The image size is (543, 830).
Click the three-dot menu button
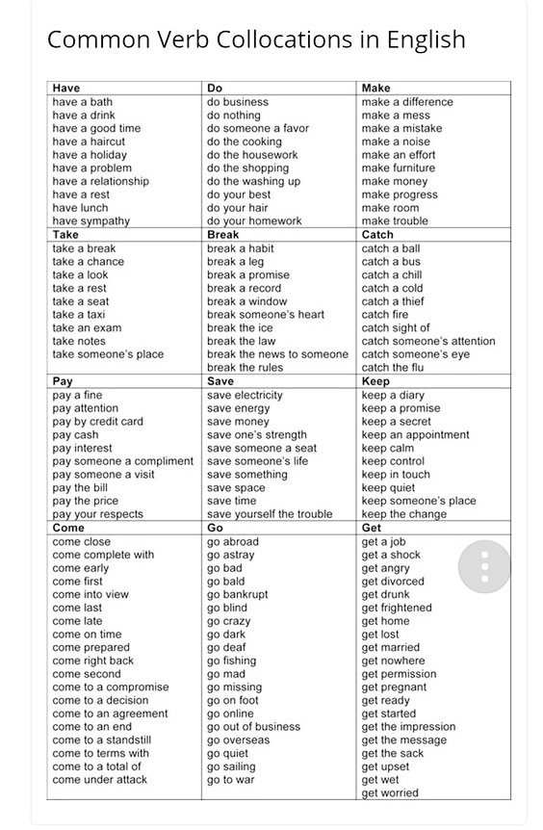(484, 565)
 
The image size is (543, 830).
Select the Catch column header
(377, 234)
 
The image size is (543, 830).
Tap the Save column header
(220, 381)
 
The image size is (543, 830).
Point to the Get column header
(372, 528)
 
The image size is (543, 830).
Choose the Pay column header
(63, 381)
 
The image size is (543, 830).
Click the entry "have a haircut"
(89, 142)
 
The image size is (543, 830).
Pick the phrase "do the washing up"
(253, 181)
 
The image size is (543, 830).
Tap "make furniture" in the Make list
(399, 168)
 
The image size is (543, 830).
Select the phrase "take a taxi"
(81, 314)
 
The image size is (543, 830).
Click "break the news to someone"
(277, 354)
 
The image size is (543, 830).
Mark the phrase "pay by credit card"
(97, 421)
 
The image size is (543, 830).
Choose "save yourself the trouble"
(270, 514)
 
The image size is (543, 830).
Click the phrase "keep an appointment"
(416, 434)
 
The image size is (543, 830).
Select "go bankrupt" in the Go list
(238, 594)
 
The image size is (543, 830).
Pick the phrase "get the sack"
(393, 753)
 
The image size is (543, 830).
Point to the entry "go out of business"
(253, 727)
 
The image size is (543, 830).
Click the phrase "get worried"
(390, 792)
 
